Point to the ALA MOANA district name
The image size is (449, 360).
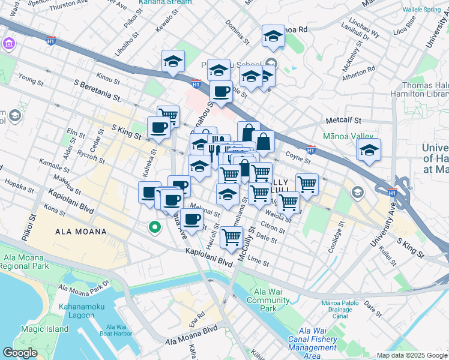click(x=80, y=232)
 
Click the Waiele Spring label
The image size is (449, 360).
click(x=421, y=10)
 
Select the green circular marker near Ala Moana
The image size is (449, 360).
click(x=154, y=227)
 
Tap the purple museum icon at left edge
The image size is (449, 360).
click(x=8, y=44)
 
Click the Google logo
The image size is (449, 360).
click(x=20, y=353)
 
